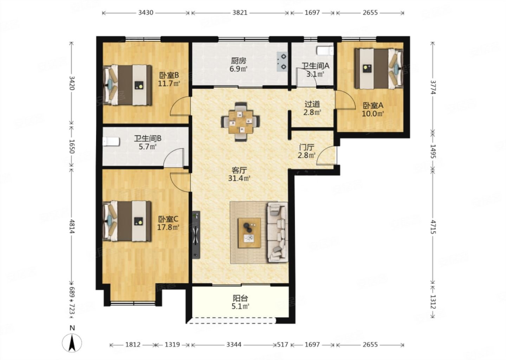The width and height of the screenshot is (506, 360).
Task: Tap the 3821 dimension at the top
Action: click(240, 13)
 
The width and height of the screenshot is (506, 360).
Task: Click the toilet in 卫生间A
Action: click(325, 51)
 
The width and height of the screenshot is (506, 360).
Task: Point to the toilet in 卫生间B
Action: click(111, 142)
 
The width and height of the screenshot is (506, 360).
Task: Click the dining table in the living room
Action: click(240, 122)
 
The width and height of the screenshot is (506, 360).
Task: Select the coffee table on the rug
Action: click(249, 233)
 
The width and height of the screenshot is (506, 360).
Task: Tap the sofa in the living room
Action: click(278, 232)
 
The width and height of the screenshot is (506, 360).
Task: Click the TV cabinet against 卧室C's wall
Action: click(196, 234)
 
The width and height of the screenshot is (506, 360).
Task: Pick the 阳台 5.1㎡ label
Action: click(241, 302)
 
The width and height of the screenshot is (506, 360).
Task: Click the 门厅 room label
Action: click(306, 147)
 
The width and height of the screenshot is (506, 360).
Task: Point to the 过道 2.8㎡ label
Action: click(312, 108)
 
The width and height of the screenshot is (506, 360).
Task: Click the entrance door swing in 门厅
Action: click(326, 155)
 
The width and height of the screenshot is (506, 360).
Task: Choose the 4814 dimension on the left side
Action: click(72, 226)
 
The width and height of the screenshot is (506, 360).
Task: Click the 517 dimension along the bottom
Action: click(283, 345)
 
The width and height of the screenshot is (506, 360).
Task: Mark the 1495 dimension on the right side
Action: click(433, 151)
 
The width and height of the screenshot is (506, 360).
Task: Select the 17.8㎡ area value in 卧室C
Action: click(168, 227)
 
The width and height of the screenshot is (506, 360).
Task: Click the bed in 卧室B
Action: click(127, 85)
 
